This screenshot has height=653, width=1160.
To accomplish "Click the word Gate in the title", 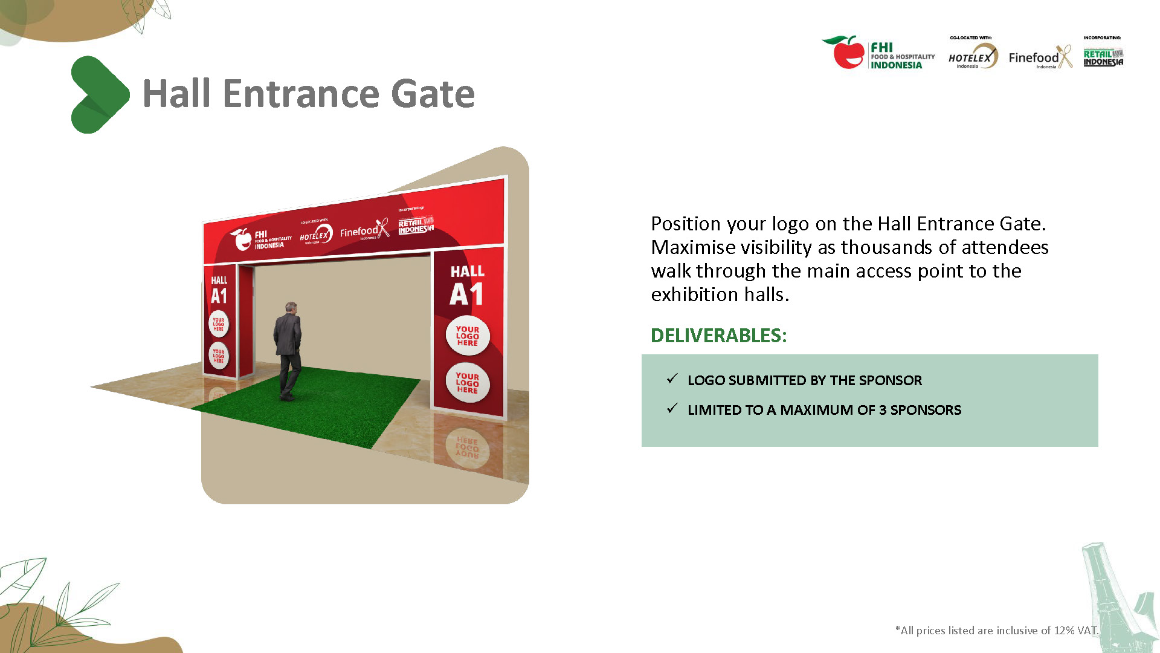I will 433,94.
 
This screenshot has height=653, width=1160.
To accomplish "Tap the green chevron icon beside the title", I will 99,95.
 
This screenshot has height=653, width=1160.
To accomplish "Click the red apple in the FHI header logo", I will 848,53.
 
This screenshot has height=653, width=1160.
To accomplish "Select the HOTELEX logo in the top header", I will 972,57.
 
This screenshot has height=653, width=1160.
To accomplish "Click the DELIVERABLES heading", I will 718,336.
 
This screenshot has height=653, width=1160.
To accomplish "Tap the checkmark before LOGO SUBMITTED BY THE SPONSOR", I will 672,379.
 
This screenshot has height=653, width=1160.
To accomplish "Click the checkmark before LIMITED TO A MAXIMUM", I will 672,409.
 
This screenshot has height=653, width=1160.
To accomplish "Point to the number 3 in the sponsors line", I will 883,410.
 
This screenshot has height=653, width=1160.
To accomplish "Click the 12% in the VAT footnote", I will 1064,631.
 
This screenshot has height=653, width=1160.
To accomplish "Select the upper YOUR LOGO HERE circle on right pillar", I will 467,336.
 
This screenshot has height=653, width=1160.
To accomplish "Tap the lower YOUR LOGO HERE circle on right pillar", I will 467,383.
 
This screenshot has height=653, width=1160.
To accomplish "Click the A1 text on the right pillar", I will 466,295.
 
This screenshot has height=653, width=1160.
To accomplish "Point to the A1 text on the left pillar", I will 219,296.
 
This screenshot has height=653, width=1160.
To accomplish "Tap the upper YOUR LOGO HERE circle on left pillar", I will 218,324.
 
